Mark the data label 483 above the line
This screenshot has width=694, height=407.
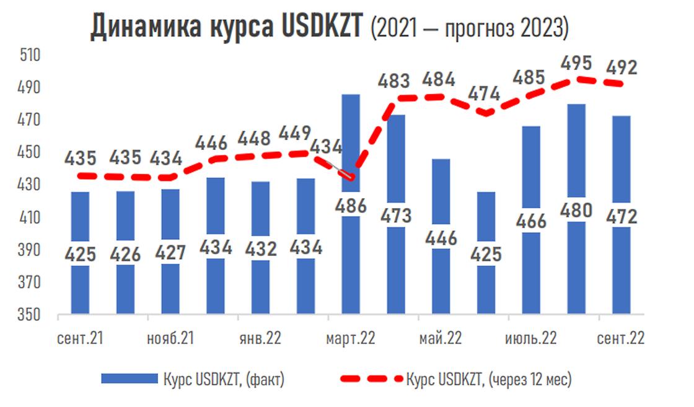pos(395,81)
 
